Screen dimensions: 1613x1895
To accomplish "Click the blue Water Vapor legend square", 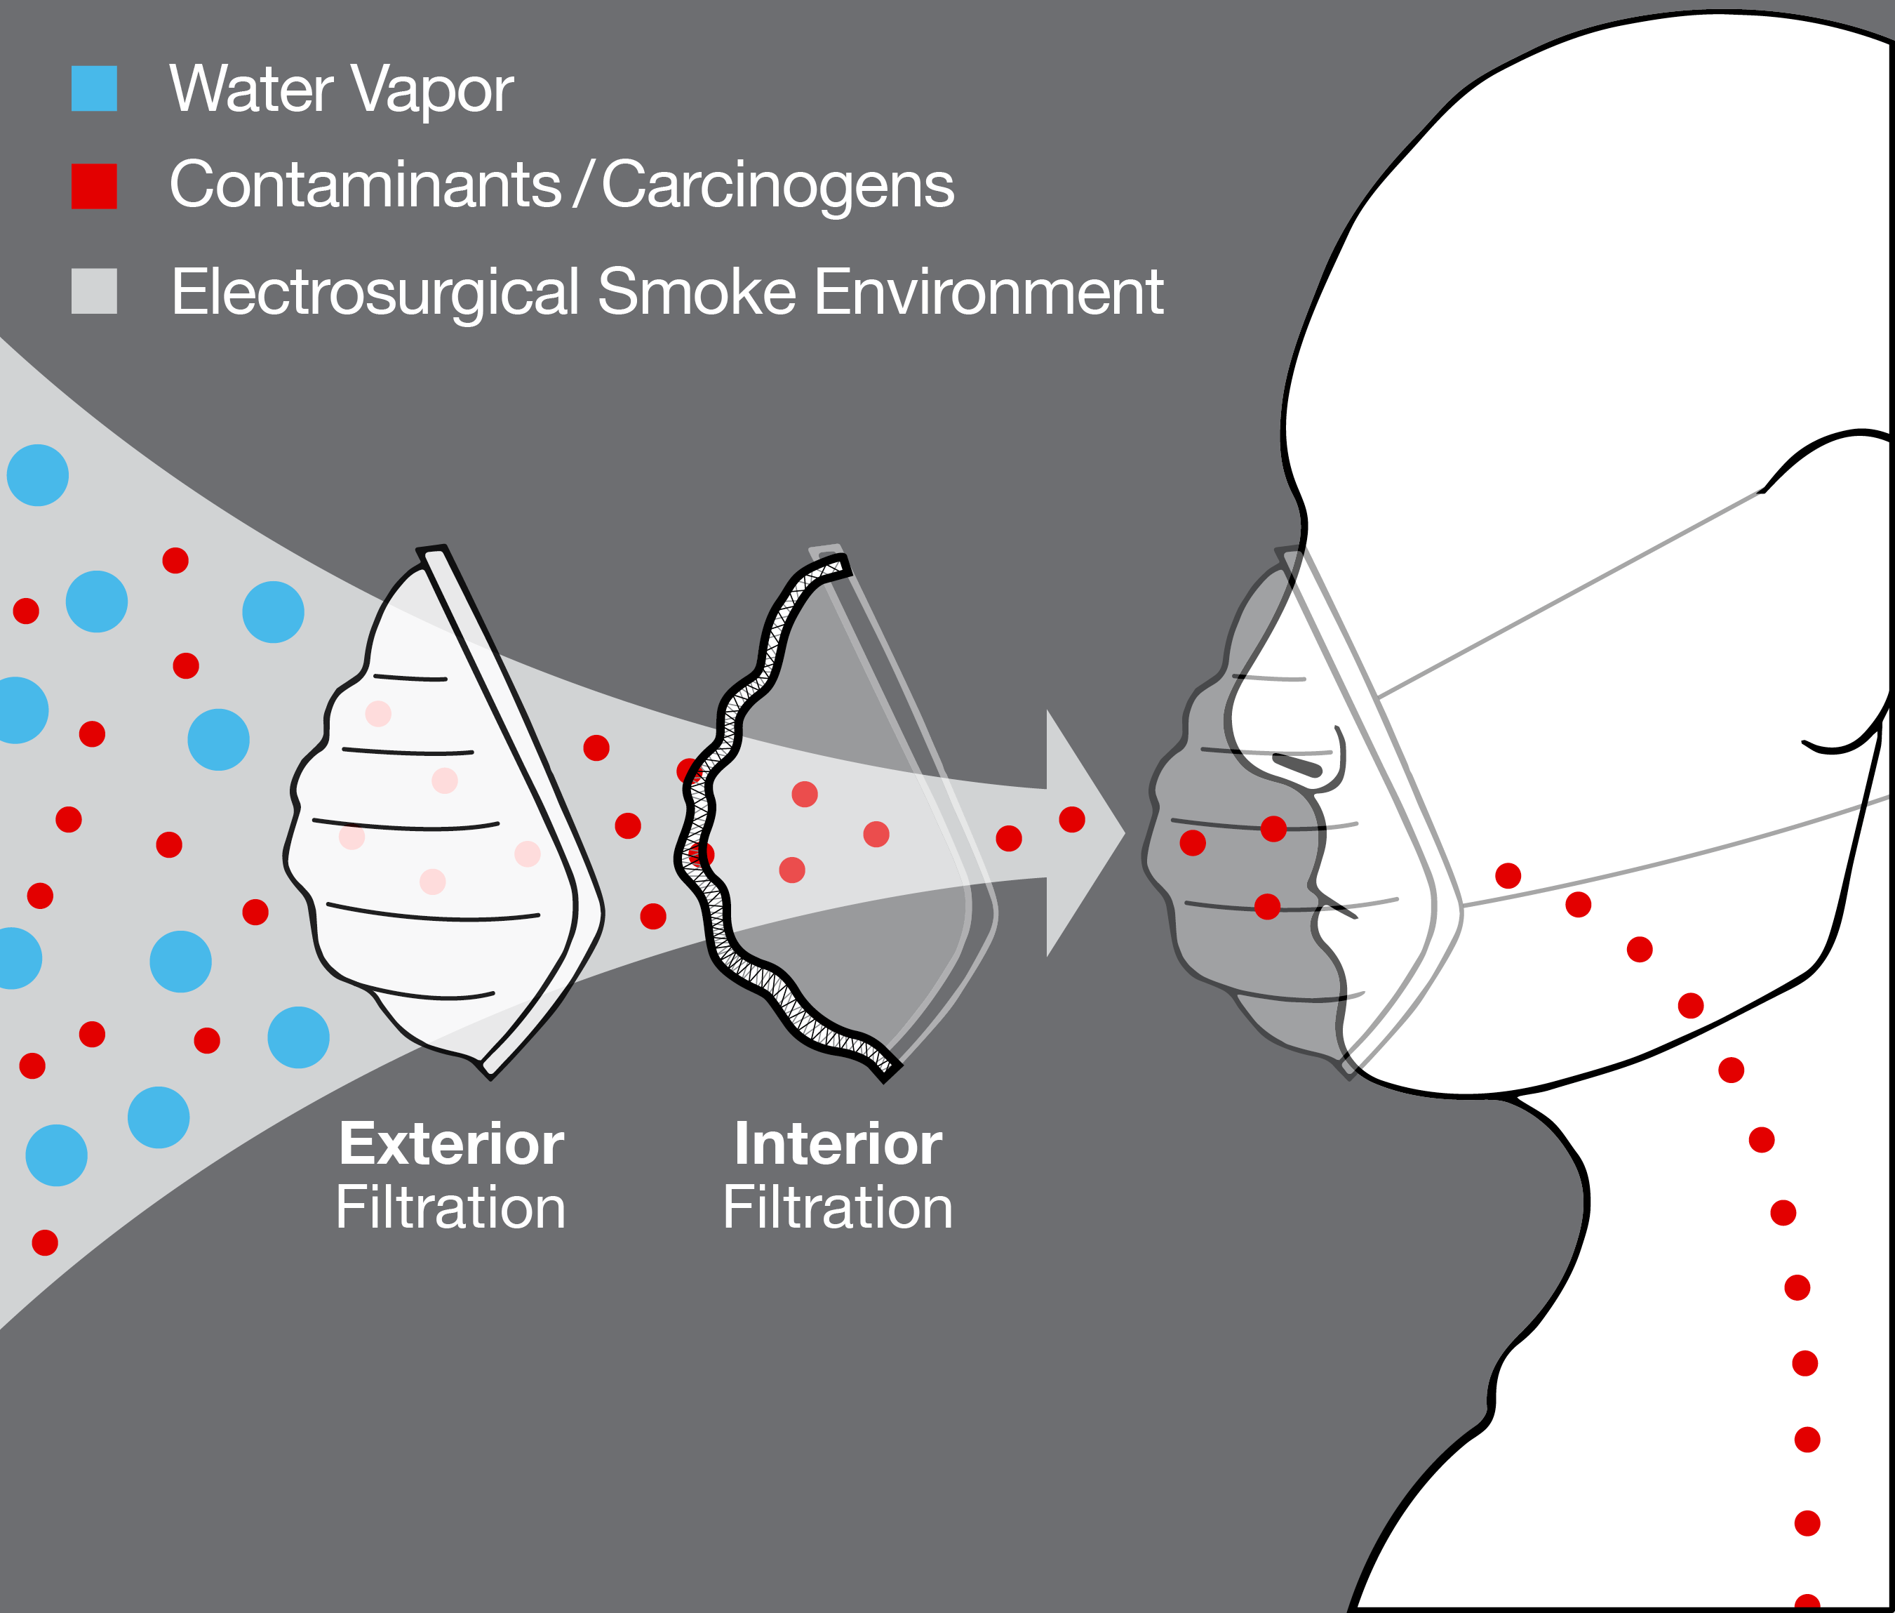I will pyautogui.click(x=94, y=88).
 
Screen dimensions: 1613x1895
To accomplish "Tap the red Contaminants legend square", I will pyautogui.click(x=94, y=187).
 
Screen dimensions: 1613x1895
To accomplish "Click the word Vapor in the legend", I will pyautogui.click(x=432, y=91).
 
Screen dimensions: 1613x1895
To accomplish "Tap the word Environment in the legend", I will pyautogui.click(x=988, y=293).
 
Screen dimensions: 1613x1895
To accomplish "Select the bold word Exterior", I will pyautogui.click(x=452, y=1144).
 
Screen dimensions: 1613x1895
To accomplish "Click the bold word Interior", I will pyautogui.click(x=838, y=1144).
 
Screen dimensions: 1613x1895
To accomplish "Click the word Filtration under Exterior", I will pyautogui.click(x=450, y=1207).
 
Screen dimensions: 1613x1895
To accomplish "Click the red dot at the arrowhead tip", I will pyautogui.click(x=1072, y=819).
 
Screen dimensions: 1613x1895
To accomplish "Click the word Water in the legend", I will pyautogui.click(x=250, y=91).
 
